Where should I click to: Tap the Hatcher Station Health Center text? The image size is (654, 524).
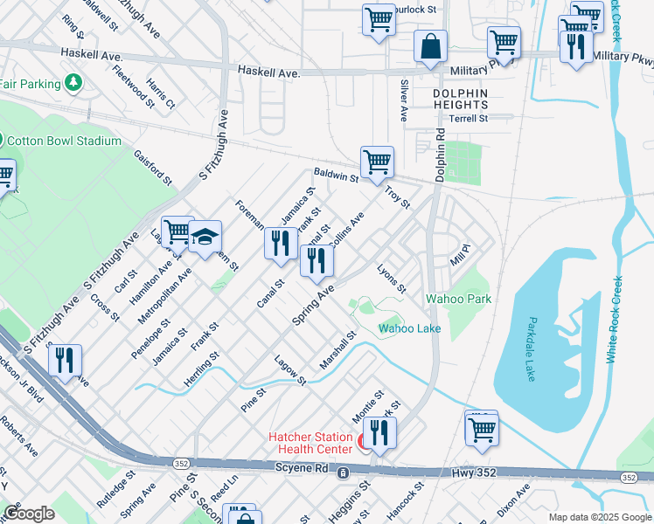(310, 443)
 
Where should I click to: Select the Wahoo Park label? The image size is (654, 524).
(458, 299)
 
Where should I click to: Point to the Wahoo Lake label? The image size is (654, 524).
(409, 328)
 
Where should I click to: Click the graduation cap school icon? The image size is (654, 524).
(205, 237)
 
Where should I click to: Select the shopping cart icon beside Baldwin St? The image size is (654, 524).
(377, 162)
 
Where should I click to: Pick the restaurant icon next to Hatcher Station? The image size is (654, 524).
(379, 432)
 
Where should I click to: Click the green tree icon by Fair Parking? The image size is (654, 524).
(75, 84)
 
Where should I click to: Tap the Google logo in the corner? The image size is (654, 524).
(28, 514)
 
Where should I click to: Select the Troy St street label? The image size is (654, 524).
(398, 196)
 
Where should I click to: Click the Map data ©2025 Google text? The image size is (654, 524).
(599, 517)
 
